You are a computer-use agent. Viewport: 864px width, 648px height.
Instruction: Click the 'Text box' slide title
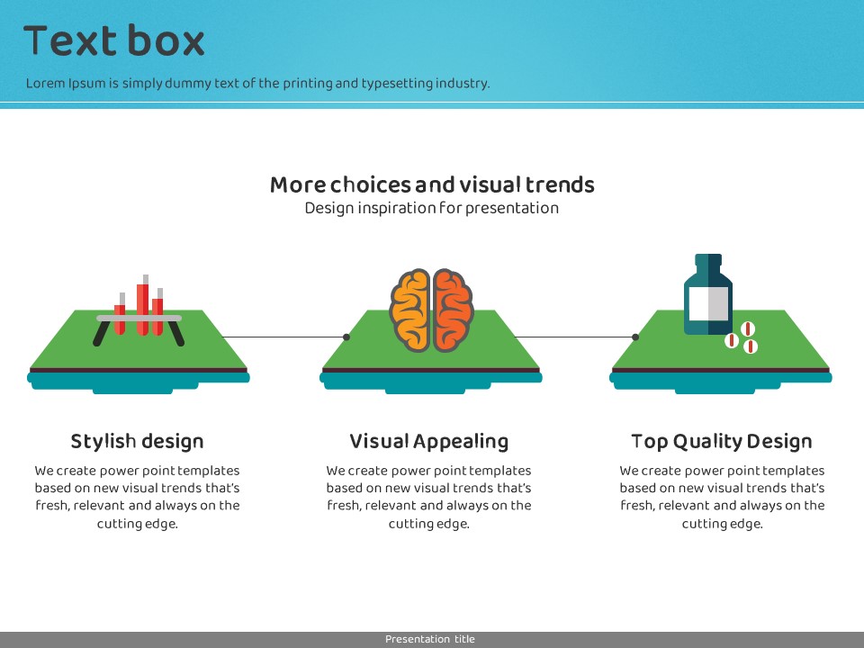pos(114,41)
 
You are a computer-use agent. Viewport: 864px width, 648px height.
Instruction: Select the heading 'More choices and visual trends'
pos(432,185)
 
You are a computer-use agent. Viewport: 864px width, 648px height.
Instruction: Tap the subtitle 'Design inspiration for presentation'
pos(432,208)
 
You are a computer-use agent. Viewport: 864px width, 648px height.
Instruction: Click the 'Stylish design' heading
pos(137,442)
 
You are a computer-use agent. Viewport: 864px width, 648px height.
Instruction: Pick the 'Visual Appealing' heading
pos(428,442)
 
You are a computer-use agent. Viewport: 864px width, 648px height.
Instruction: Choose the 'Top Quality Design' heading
pos(722,442)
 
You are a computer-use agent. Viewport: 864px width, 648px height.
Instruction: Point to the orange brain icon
pos(431,310)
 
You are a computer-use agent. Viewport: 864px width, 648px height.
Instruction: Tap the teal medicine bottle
pos(708,297)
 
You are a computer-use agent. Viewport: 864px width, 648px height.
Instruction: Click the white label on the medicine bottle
pos(707,304)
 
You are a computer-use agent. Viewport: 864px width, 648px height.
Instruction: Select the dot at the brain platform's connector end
pos(346,337)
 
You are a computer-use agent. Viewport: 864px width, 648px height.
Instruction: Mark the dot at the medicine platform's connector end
pos(635,337)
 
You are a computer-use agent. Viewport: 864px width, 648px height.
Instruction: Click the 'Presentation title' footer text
pos(430,639)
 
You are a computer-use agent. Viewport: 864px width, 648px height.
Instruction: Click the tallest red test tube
pos(143,306)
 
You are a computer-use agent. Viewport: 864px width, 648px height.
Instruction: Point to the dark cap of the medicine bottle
pos(708,261)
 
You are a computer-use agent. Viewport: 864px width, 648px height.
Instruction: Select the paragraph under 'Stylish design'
pos(137,497)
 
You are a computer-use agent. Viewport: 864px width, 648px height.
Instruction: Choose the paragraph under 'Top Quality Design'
pos(722,497)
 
